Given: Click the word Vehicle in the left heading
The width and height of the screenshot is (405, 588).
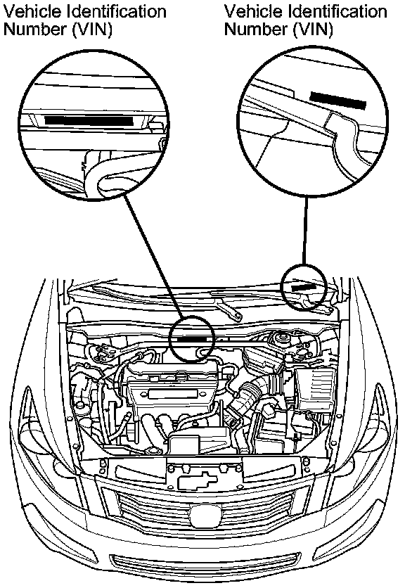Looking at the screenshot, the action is (32, 11).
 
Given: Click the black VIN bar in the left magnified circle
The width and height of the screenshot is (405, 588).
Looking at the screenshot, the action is (89, 120).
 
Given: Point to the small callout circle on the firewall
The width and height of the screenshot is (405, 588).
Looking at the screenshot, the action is (191, 338).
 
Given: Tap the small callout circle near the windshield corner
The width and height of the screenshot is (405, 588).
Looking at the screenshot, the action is (304, 287).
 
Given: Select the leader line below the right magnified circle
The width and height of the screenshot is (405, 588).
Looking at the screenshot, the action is (305, 231).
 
